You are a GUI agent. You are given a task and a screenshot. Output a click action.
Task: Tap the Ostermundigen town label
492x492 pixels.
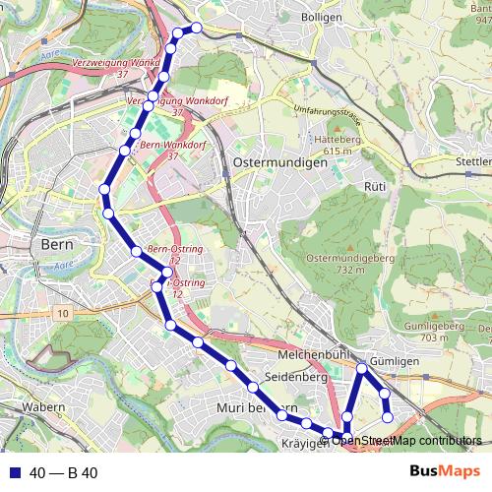tap(279, 162)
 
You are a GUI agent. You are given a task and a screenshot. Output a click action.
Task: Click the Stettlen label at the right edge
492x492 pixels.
tap(473, 160)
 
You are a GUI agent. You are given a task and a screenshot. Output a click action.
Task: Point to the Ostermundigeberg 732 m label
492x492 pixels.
tap(350, 263)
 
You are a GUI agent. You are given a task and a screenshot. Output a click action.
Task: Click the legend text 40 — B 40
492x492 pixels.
tap(63, 473)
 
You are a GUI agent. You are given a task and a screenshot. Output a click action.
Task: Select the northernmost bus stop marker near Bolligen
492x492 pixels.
tap(196, 28)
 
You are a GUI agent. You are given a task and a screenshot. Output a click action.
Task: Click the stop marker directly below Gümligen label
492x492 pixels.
tap(363, 369)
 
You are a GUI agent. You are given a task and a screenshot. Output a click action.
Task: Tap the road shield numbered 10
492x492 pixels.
tap(63, 313)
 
